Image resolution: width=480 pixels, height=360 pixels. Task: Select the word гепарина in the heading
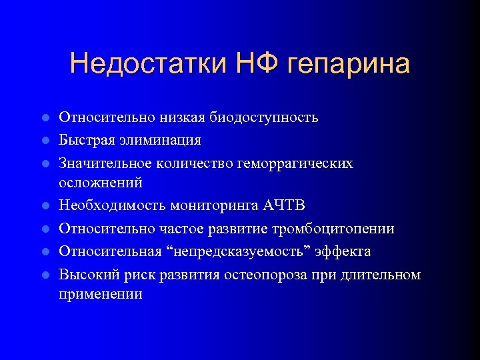coord(349,65)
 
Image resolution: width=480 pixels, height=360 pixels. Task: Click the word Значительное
coord(105,163)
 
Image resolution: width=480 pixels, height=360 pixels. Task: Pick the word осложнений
coord(101,182)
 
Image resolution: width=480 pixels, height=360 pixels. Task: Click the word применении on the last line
coord(101,294)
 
